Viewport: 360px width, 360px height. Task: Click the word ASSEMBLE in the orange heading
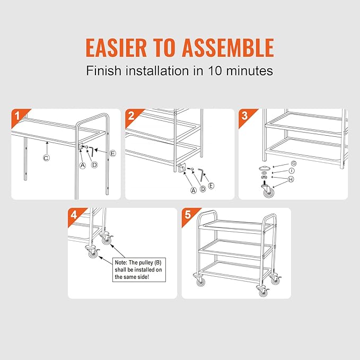click(x=228, y=48)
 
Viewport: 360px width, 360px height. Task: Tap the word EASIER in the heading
click(x=116, y=48)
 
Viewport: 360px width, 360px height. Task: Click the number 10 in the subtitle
click(x=215, y=71)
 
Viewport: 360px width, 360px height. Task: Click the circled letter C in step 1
click(x=46, y=158)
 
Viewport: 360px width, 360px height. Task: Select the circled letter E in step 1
click(x=113, y=153)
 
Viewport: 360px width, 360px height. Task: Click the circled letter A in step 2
click(x=194, y=190)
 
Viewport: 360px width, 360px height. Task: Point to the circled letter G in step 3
click(x=294, y=163)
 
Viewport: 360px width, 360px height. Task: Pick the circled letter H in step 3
click(x=291, y=179)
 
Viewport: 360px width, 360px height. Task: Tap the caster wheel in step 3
click(x=268, y=190)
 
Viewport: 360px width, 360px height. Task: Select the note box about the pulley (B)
click(x=139, y=270)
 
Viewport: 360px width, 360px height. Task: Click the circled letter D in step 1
click(x=94, y=165)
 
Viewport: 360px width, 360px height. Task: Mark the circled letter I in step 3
click(x=292, y=171)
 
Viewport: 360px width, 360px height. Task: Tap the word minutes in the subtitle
click(x=250, y=71)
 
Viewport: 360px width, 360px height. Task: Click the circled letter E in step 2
click(x=211, y=186)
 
